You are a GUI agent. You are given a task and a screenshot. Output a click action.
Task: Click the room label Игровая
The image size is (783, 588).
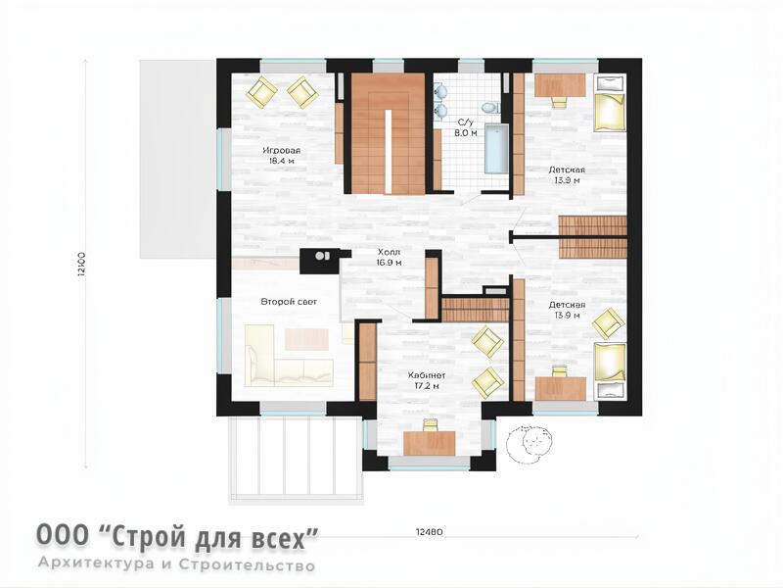[x=282, y=151]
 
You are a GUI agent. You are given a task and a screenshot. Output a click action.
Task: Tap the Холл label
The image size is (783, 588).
[x=389, y=252]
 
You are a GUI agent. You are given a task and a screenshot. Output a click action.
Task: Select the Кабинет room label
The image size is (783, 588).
[x=427, y=375]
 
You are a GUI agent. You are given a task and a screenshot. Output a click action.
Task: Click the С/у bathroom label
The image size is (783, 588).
[x=465, y=122]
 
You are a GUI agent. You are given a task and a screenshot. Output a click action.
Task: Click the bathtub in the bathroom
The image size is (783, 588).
[x=496, y=149]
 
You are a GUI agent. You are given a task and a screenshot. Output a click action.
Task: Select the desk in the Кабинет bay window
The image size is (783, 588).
[x=430, y=443]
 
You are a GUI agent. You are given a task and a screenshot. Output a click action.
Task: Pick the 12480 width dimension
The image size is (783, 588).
[x=429, y=532]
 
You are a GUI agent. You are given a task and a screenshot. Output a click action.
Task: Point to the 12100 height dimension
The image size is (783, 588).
[x=82, y=265]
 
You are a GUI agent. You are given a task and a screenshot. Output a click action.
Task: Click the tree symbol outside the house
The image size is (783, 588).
[x=530, y=443]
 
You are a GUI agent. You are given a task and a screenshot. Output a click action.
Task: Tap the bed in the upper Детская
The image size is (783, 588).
[x=609, y=104]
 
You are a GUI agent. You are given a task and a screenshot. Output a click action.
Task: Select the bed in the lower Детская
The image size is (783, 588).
[x=609, y=370]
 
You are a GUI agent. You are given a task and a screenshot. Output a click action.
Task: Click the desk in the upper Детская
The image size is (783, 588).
[x=560, y=85]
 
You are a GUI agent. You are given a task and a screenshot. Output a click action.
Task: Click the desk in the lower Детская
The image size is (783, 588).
[x=560, y=388]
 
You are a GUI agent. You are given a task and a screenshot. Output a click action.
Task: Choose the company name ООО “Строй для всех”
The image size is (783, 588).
[x=177, y=537]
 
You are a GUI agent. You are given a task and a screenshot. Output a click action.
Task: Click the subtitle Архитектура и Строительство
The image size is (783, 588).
[x=177, y=564]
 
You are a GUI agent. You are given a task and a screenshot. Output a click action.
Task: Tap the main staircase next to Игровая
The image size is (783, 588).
[x=388, y=133]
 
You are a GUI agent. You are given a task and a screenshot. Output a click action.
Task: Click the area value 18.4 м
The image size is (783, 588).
[x=281, y=161]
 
